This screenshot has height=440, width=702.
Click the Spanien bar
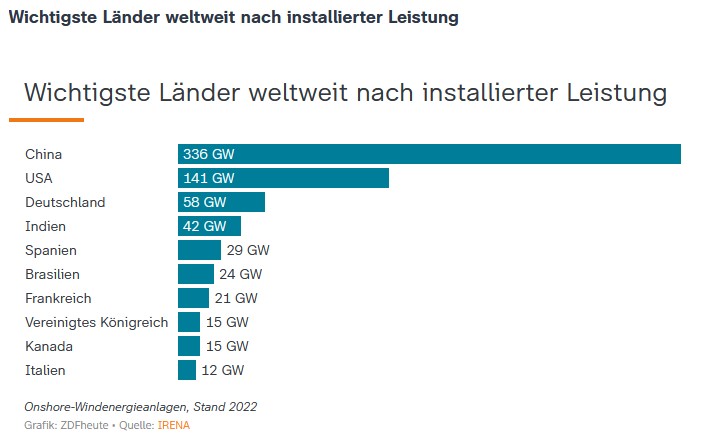tap(199, 250)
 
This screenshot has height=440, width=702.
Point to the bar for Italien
tap(187, 370)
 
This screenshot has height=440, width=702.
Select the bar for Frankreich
tap(193, 298)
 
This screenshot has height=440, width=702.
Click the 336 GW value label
tap(208, 154)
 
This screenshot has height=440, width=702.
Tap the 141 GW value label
tap(208, 178)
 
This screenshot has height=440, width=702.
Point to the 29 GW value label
tap(249, 250)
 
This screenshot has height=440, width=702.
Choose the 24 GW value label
tap(241, 274)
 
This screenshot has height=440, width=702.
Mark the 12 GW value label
tap(223, 370)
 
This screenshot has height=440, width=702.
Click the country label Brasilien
tap(52, 274)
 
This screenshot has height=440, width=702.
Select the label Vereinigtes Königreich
tap(96, 322)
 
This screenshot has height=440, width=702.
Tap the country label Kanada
tap(49, 346)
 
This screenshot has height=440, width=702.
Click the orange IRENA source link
tap(173, 425)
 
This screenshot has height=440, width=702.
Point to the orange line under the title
tap(47, 120)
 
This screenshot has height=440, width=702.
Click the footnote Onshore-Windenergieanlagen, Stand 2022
tap(140, 406)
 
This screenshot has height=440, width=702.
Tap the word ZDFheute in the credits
tap(85, 425)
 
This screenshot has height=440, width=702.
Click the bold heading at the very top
tap(233, 18)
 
